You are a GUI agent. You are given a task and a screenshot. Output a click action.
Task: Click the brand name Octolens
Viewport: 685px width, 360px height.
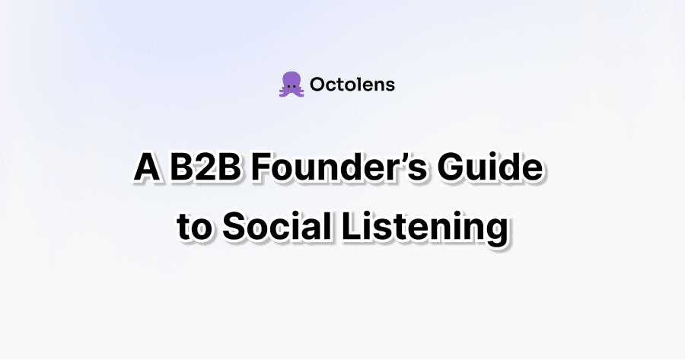click(x=352, y=84)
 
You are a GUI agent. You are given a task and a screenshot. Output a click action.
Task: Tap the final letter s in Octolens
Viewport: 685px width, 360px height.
click(x=390, y=85)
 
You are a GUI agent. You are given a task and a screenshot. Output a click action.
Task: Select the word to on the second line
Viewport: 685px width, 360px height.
click(x=193, y=227)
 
